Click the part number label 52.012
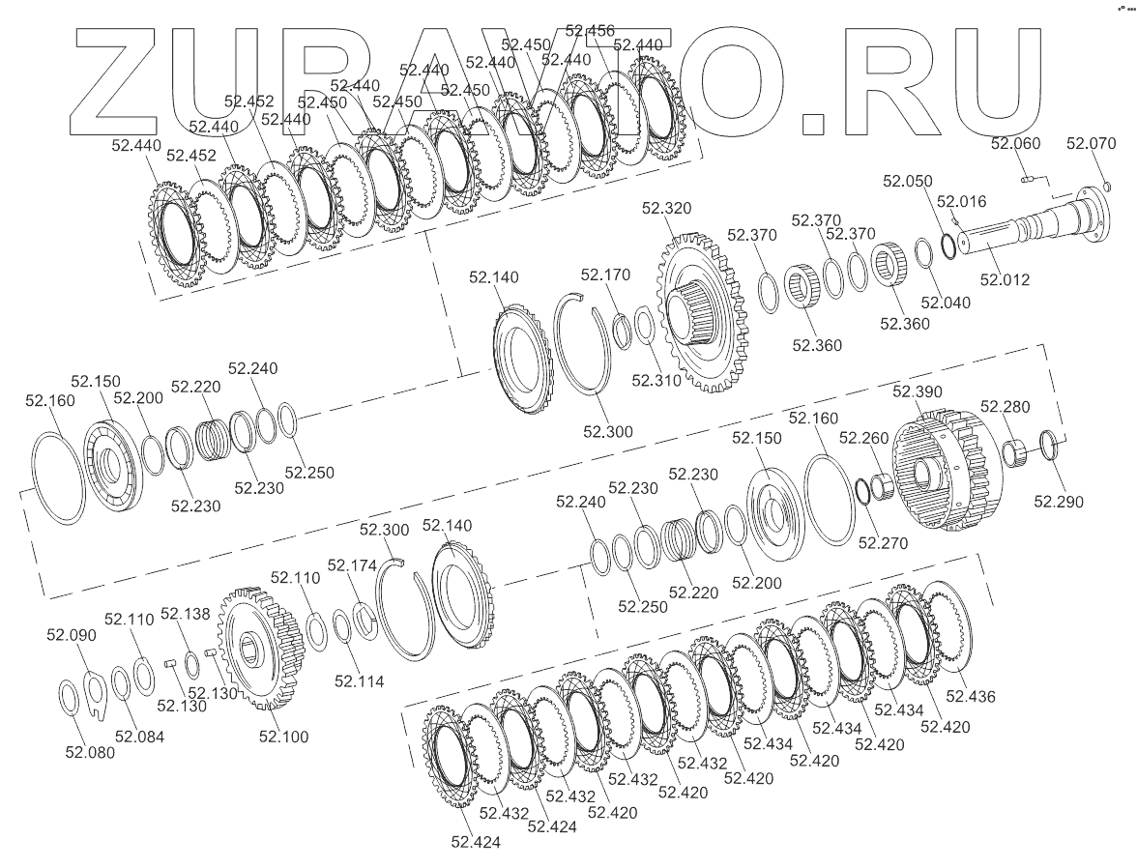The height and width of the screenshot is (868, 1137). (x=1005, y=280)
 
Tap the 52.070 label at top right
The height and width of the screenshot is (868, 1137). (x=1091, y=144)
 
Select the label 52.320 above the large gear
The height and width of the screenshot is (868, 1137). (x=666, y=208)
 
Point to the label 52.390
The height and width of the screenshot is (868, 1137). (x=918, y=391)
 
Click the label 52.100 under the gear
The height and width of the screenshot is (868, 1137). (x=283, y=737)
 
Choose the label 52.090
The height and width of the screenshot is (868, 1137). (x=72, y=635)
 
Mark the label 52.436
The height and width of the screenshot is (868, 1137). (x=971, y=697)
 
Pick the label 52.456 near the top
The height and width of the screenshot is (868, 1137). (x=590, y=31)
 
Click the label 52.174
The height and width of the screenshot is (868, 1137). (x=352, y=564)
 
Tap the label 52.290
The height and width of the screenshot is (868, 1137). (x=1059, y=502)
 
